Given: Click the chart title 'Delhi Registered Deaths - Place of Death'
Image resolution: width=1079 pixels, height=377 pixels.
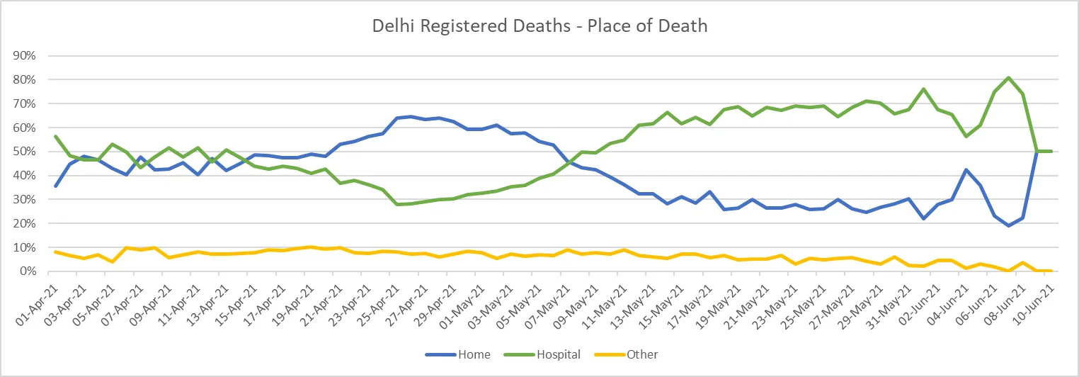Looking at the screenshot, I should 539,26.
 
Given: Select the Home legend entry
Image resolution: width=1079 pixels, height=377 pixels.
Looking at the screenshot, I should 474,354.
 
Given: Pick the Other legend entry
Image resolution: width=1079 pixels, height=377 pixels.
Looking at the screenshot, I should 642,354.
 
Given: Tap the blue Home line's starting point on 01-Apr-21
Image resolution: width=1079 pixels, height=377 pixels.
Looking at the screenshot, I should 56,186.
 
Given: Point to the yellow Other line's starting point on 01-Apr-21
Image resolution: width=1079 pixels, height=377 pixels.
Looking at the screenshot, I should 56,252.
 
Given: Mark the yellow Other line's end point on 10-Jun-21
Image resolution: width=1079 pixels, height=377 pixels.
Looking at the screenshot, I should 1051,271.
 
